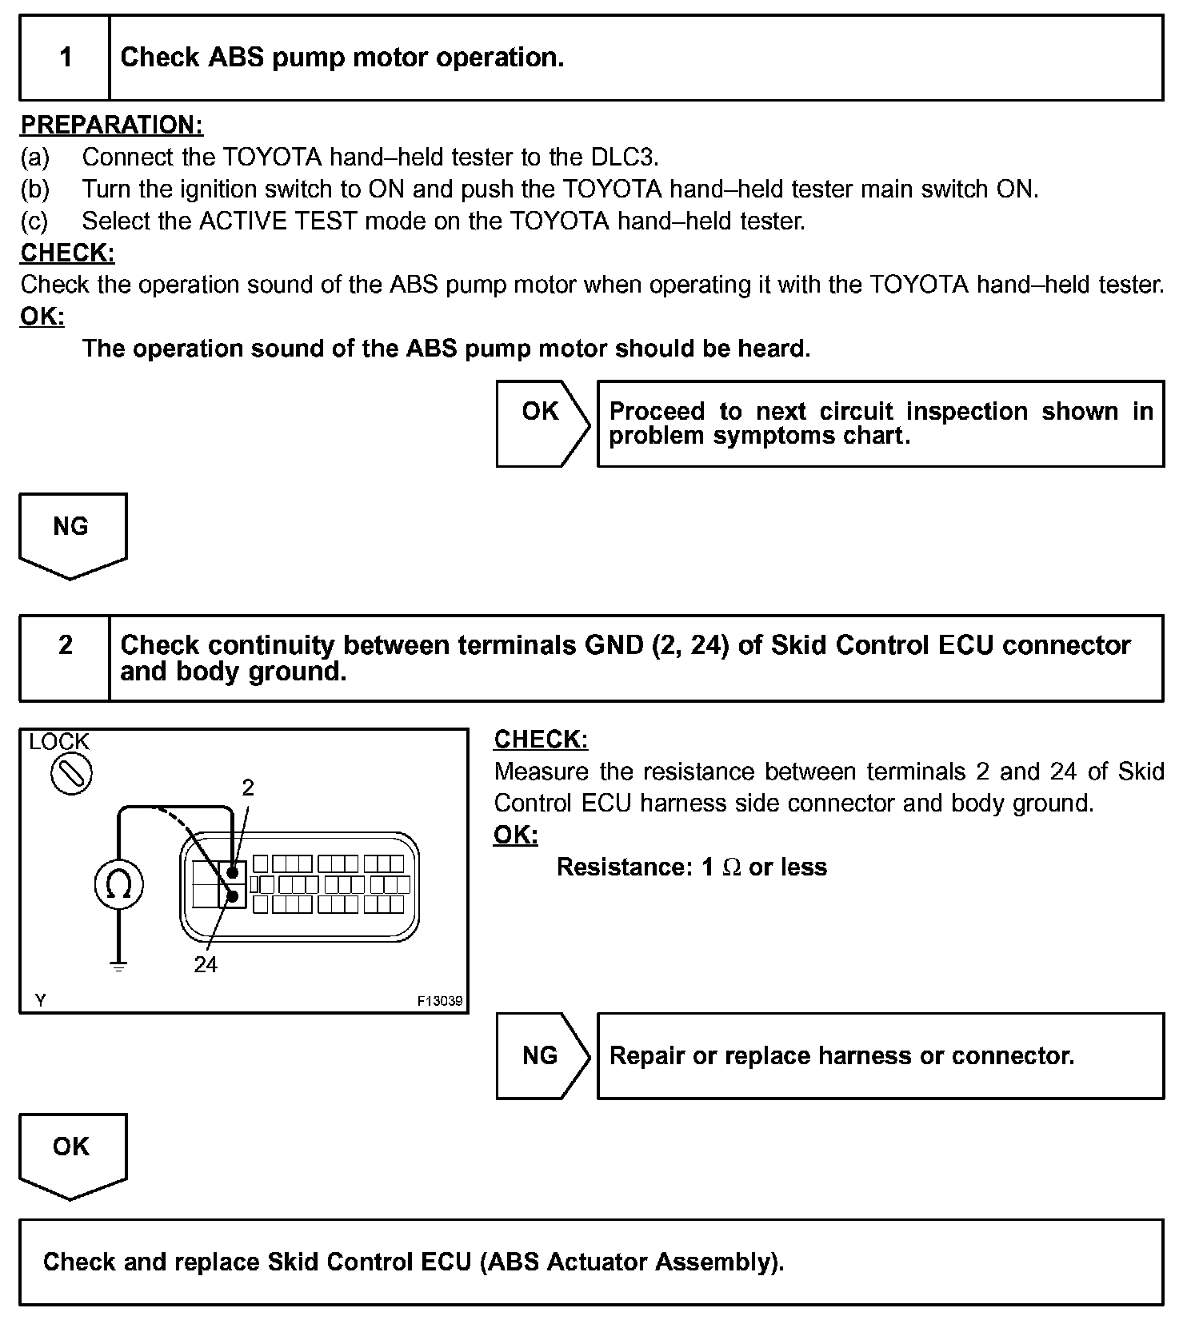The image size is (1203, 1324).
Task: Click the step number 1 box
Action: tap(65, 58)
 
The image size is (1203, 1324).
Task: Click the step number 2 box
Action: tap(65, 657)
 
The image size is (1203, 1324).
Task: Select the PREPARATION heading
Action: tap(111, 125)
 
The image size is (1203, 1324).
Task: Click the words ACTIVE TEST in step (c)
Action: tap(278, 221)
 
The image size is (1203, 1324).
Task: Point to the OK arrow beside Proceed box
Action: tap(542, 423)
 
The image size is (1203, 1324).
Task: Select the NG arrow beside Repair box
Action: tap(542, 1055)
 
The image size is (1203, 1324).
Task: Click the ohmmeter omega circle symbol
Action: tap(119, 884)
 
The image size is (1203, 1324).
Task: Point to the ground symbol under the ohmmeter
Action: tap(118, 967)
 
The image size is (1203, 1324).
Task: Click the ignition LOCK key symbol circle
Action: tap(71, 774)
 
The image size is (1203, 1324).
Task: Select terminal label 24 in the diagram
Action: tap(206, 965)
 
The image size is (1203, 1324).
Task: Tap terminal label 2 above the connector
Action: tap(248, 788)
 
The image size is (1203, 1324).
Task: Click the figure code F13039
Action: tap(440, 1001)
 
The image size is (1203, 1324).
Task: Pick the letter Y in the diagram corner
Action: tap(41, 1000)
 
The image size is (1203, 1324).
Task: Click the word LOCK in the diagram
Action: tap(59, 742)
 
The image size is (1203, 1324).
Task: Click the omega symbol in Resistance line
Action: tap(731, 867)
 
